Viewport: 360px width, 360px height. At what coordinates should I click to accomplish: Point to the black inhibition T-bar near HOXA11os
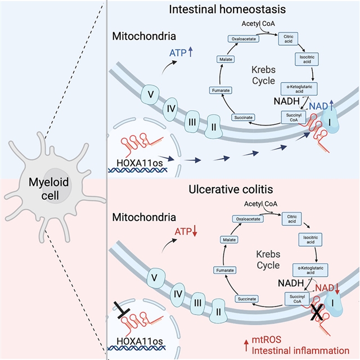tap(125, 319)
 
